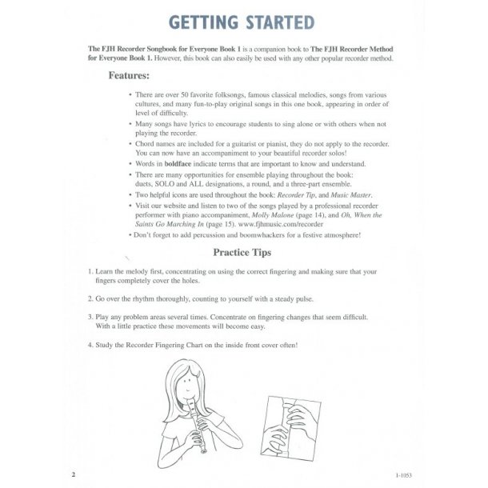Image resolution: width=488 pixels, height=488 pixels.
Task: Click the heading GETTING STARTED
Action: tap(243, 22)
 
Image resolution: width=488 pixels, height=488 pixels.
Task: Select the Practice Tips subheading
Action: tap(242, 253)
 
